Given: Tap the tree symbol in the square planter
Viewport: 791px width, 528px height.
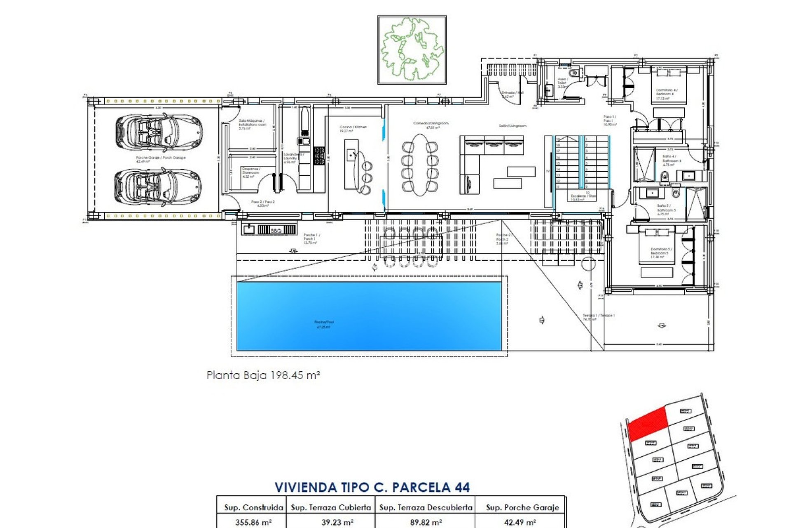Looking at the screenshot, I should tap(412, 49).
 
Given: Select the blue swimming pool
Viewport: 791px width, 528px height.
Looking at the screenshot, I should tap(369, 316).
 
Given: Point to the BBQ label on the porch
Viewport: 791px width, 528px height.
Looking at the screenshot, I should tap(276, 231).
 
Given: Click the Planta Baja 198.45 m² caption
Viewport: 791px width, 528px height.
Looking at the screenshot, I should tap(263, 375).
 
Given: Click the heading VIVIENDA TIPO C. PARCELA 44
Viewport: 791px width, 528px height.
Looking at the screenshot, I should tap(372, 487).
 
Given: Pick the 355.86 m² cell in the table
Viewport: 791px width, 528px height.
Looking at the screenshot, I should tap(253, 522).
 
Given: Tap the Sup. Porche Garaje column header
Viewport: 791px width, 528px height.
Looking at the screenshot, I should tap(522, 507).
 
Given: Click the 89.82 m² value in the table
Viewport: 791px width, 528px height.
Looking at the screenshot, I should tap(426, 522).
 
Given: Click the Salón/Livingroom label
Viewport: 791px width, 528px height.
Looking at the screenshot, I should tap(513, 126).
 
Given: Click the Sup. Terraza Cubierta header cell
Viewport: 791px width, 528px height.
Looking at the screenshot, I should tap(331, 507).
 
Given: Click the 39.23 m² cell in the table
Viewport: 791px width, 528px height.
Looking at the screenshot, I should tap(337, 522).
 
